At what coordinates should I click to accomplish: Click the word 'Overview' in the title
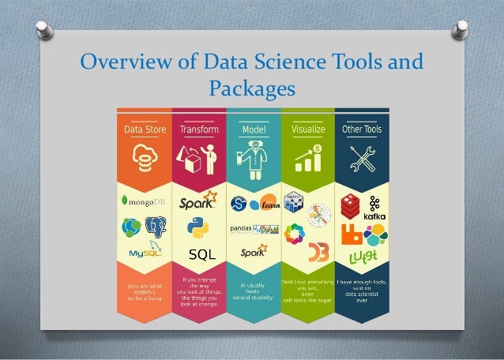pyautogui.click(x=126, y=61)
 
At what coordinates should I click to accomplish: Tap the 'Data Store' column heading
pyautogui.click(x=144, y=128)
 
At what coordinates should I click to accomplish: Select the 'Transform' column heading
pyautogui.click(x=198, y=128)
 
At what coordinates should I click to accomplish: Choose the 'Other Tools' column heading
pyautogui.click(x=361, y=128)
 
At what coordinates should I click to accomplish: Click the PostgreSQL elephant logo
pyautogui.click(x=156, y=229)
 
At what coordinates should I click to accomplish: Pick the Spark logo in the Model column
pyautogui.click(x=253, y=254)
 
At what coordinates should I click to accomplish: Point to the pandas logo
pyautogui.click(x=245, y=229)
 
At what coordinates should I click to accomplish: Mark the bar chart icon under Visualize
pyautogui.click(x=308, y=159)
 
